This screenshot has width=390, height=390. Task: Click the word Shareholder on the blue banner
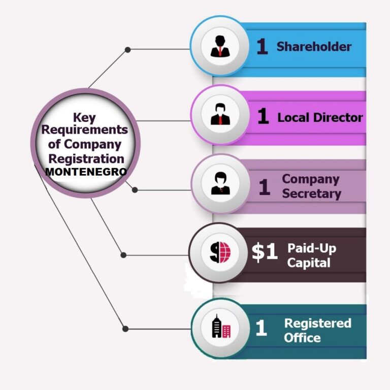click(x=314, y=47)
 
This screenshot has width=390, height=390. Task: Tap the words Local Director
click(x=320, y=117)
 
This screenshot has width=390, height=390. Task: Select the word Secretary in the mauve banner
click(x=312, y=194)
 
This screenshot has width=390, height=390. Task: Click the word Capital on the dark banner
click(x=309, y=263)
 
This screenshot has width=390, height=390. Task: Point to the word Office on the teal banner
click(x=302, y=338)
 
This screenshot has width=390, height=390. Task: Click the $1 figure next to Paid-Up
click(x=265, y=252)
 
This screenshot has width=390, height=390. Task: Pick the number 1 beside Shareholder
click(x=262, y=46)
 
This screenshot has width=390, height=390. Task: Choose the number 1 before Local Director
click(x=263, y=116)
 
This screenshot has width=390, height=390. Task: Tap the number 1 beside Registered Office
click(x=261, y=328)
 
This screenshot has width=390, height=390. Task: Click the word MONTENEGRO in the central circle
click(x=86, y=172)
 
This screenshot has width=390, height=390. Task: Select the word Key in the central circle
click(x=84, y=118)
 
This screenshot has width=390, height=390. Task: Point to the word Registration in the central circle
click(x=86, y=158)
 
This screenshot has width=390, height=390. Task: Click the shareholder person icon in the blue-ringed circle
click(x=220, y=46)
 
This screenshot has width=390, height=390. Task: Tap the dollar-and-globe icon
click(x=220, y=252)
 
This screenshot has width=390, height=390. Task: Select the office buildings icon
click(x=221, y=326)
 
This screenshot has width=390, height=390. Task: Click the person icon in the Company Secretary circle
click(x=220, y=183)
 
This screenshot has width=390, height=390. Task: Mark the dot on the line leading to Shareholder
click(x=127, y=50)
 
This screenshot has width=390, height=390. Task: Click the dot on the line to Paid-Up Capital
click(x=123, y=255)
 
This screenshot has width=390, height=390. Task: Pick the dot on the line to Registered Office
click(x=125, y=329)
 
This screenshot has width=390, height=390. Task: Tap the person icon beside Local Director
click(x=220, y=114)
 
